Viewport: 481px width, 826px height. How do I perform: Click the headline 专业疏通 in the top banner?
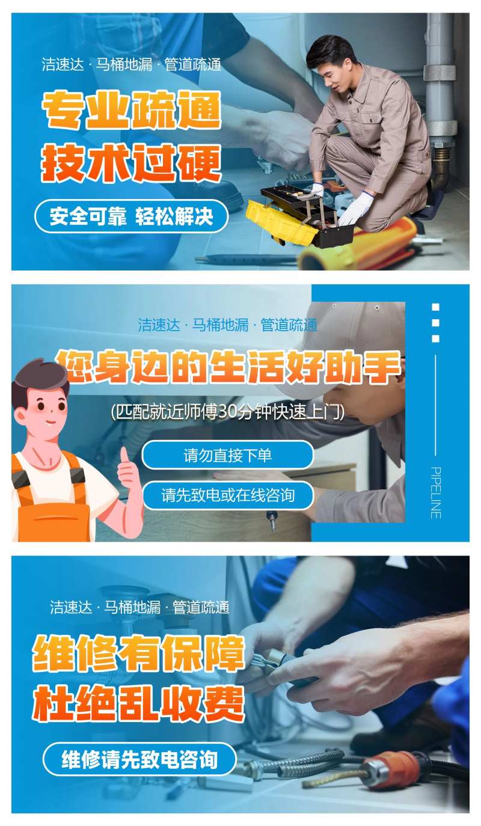[x=131, y=111]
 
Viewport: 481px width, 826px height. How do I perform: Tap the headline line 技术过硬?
[x=131, y=162]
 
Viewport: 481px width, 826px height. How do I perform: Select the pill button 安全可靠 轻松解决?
[x=131, y=216]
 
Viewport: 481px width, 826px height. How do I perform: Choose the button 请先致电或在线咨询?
[x=228, y=495]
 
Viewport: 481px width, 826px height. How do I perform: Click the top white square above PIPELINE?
[x=436, y=307]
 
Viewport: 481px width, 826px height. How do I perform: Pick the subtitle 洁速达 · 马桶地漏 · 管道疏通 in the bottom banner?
[x=139, y=607]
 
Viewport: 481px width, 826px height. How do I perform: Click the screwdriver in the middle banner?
[x=271, y=519]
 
